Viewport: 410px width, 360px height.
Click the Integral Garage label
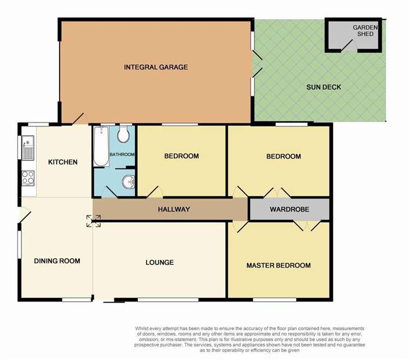click(156, 67)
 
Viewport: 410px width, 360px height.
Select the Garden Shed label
click(363, 31)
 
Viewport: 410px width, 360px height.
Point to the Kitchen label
click(63, 162)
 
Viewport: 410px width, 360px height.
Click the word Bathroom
click(122, 155)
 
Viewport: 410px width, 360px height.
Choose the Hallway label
click(174, 210)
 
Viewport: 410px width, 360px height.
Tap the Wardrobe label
click(289, 210)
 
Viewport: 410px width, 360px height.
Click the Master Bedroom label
click(278, 265)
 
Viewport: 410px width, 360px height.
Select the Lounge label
click(160, 263)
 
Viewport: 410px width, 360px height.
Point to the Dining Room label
click(57, 261)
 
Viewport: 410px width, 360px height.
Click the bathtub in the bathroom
click(101, 146)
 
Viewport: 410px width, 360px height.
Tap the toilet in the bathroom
click(123, 135)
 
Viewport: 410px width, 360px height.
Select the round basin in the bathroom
click(127, 181)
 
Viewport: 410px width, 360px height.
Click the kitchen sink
click(28, 147)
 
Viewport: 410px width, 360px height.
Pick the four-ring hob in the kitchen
click(28, 177)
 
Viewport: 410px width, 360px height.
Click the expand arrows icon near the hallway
click(93, 220)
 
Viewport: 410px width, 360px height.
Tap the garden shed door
click(348, 46)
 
